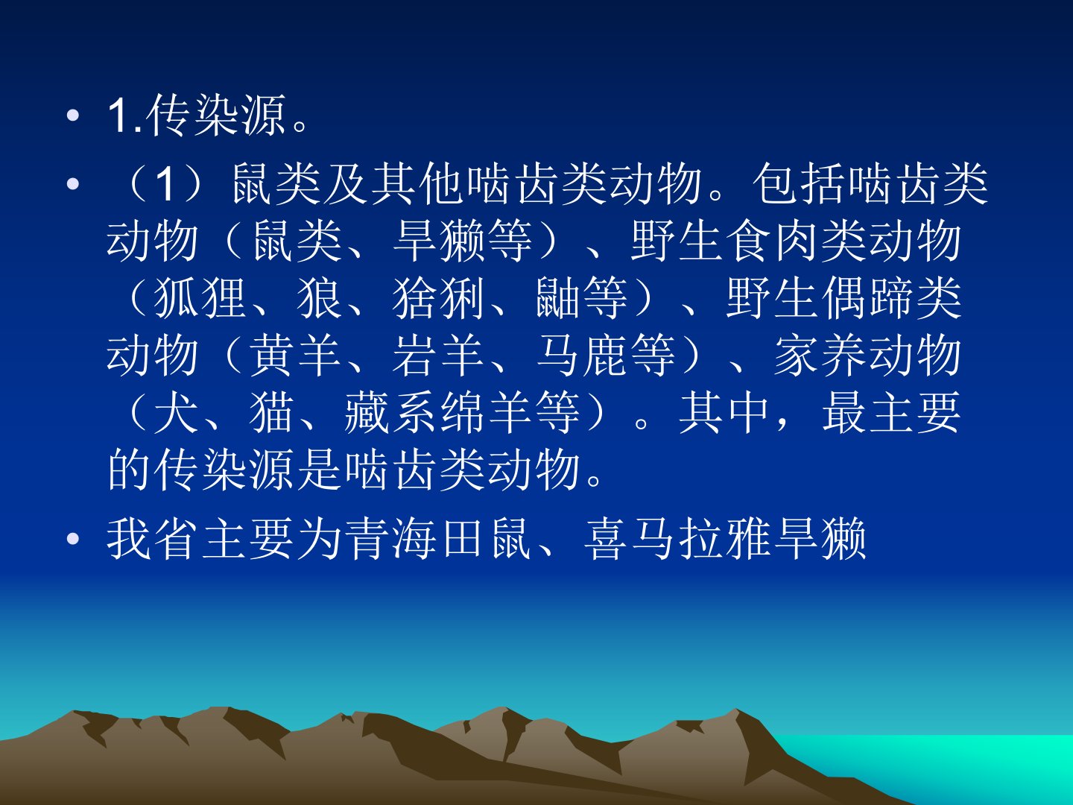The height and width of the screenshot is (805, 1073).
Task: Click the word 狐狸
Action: pos(200,297)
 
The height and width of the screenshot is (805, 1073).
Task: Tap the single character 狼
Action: pos(320,297)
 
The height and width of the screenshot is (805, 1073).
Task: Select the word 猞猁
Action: pos(438,297)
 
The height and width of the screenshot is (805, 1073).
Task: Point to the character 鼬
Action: pos(557,297)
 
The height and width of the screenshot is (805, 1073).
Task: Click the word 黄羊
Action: pos(295,355)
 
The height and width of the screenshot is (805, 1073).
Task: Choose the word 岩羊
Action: pos(438,355)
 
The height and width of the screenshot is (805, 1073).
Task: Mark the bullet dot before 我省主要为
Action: pos(73,539)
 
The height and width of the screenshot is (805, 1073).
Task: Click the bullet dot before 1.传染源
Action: pos(73,116)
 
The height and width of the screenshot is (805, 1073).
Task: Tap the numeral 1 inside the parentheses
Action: pos(165,184)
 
